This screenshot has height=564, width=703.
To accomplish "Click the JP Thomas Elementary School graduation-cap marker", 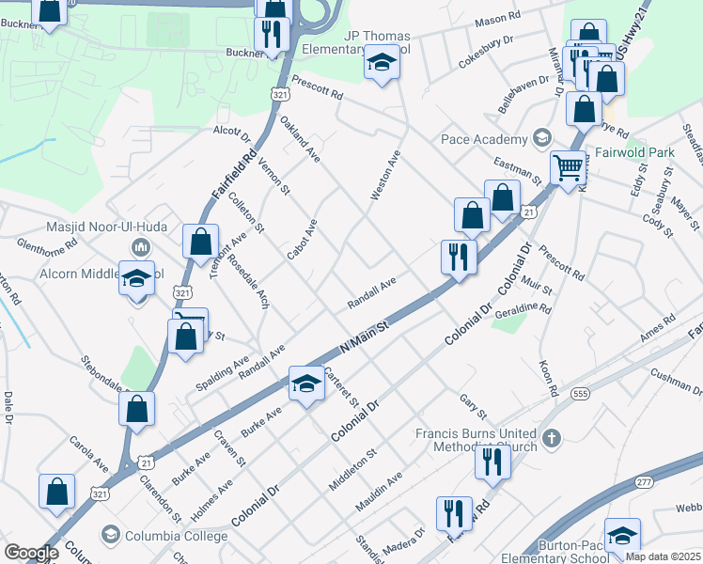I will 383,64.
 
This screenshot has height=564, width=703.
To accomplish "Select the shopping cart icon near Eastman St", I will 568,169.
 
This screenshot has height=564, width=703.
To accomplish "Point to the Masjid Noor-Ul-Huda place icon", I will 141,247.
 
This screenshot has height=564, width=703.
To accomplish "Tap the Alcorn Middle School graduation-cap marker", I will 136,279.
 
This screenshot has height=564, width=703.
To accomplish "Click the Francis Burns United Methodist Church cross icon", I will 552,437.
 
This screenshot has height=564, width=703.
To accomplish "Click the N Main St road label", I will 365,337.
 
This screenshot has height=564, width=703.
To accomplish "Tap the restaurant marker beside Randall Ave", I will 459,256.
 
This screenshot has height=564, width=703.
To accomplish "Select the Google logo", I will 32,553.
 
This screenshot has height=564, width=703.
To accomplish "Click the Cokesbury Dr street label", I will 487,46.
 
